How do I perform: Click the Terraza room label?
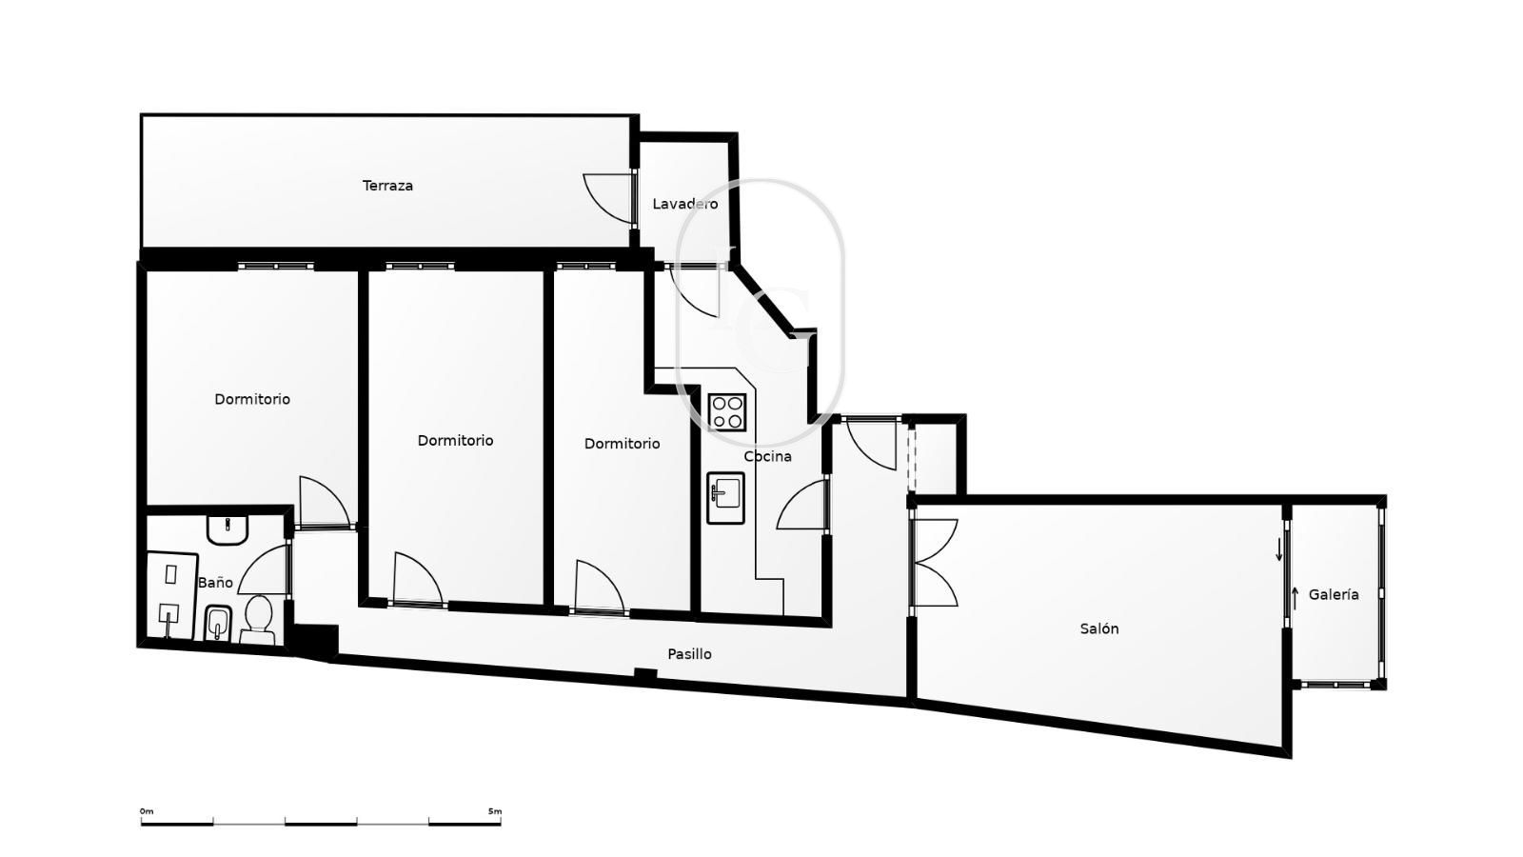387,186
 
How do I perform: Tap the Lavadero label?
684,204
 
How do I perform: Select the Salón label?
1099,628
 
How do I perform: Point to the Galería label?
1334,594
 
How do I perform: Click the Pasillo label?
689,654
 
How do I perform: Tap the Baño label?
215,582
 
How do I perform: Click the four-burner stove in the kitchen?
727,412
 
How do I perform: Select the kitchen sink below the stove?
725,498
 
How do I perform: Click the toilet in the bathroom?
258,620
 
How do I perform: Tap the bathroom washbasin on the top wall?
227,530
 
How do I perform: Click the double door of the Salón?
934,563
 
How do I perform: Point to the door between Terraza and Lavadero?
609,198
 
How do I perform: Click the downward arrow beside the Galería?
1279,549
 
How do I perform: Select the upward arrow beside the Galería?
1295,598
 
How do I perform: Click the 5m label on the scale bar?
495,811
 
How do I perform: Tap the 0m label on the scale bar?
147,811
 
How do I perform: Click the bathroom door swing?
264,569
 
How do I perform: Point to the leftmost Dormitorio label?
252,399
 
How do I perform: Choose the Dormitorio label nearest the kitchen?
623,444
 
